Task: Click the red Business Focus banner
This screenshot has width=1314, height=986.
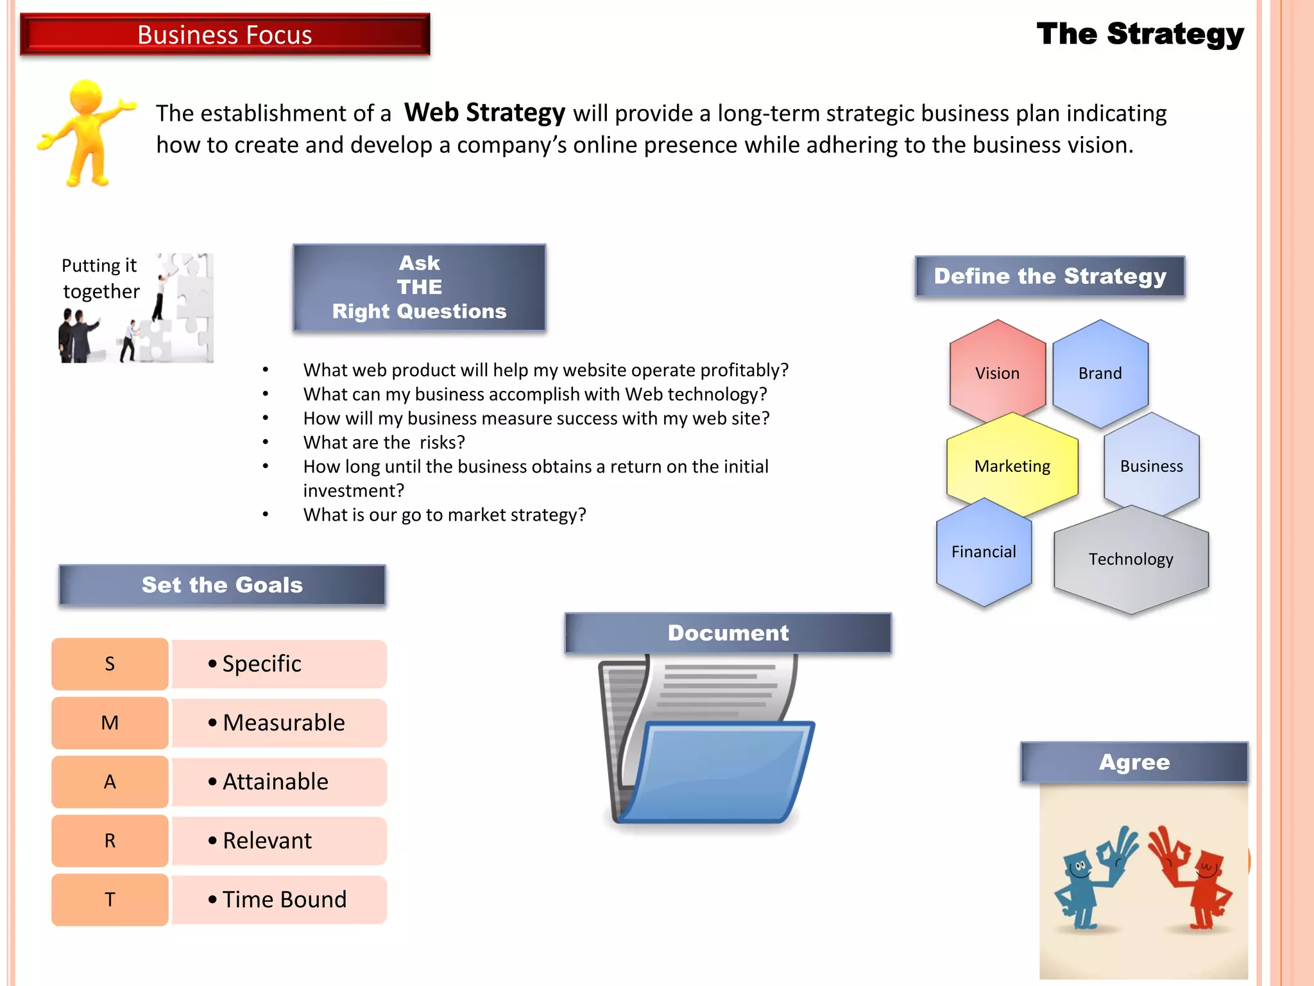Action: [225, 35]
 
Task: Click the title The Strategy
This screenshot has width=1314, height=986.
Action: [1139, 33]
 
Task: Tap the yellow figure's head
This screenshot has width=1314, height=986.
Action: [85, 97]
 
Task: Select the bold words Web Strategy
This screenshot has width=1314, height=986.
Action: [484, 113]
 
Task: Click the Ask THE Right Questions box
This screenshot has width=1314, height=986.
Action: [419, 288]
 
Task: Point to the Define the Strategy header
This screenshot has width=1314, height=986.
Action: [1050, 276]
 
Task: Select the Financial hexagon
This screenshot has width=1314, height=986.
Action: [984, 552]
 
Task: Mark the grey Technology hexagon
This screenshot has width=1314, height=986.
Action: [1131, 559]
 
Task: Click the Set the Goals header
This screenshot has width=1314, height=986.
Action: [222, 585]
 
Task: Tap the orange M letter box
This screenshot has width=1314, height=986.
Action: [110, 723]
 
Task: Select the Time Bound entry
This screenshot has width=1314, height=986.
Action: [284, 899]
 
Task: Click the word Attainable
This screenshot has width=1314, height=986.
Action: [275, 782]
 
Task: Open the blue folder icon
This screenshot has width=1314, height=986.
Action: [715, 770]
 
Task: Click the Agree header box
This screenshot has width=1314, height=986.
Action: [1134, 762]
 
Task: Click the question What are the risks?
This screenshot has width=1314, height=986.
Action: [384, 442]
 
